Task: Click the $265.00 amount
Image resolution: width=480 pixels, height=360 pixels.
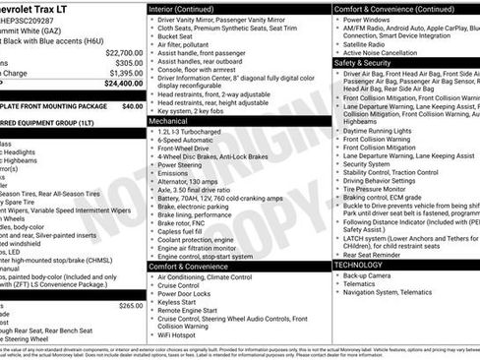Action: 131,278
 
